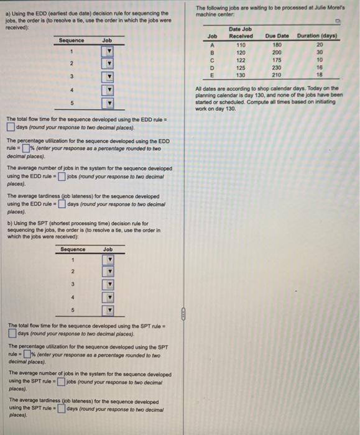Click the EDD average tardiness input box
(60, 204)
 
